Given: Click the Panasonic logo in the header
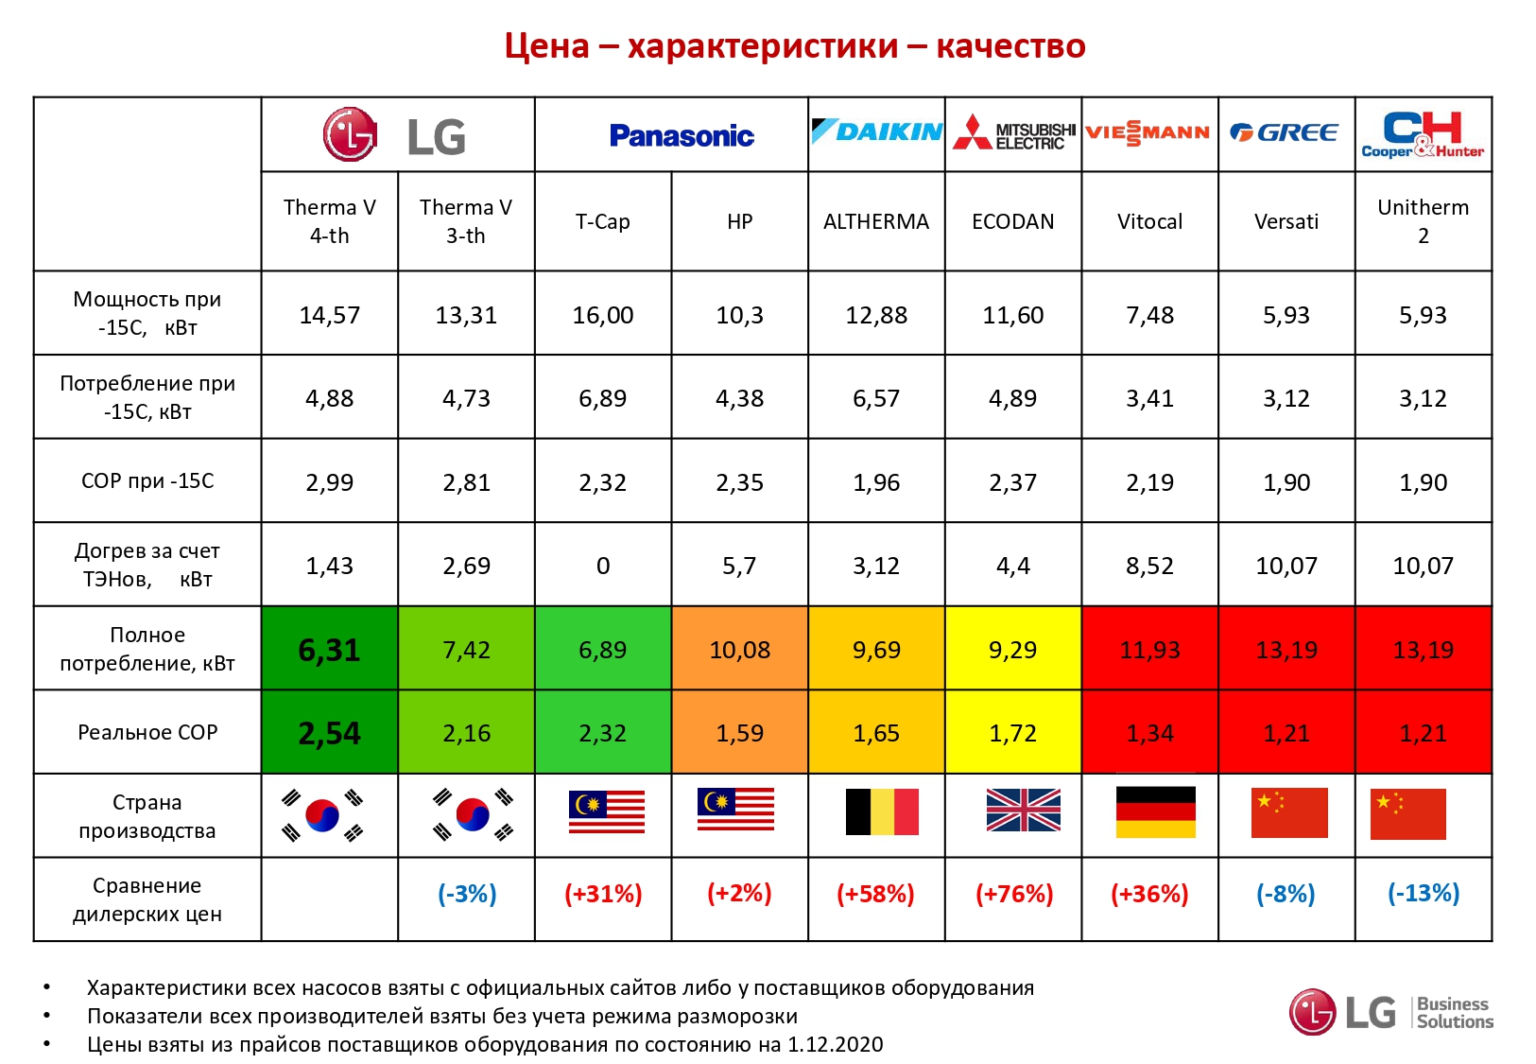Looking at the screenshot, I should pyautogui.click(x=681, y=136).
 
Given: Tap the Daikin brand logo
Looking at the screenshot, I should pyautogui.click(x=876, y=132).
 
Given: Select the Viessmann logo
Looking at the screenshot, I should pyautogui.click(x=1148, y=133).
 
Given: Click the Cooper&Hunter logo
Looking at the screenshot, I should pyautogui.click(x=1423, y=134).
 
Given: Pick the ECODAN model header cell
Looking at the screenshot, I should pyautogui.click(x=1012, y=221).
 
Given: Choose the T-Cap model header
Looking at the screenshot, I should pyautogui.click(x=602, y=221).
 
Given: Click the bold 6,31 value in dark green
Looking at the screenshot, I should pyautogui.click(x=329, y=650).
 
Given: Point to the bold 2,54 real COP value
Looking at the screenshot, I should pyautogui.click(x=329, y=733).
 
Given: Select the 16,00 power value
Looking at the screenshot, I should pyautogui.click(x=602, y=315).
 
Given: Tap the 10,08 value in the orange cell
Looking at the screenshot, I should pyautogui.click(x=739, y=650).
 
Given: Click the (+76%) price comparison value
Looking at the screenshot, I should pyautogui.click(x=1013, y=894).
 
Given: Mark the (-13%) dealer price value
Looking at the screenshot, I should pyautogui.click(x=1423, y=893).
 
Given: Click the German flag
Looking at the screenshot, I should pyautogui.click(x=1155, y=812).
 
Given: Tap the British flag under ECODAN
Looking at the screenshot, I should pyautogui.click(x=1023, y=811).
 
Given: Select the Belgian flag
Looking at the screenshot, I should pyautogui.click(x=881, y=812).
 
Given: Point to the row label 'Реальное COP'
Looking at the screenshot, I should pyautogui.click(x=147, y=732).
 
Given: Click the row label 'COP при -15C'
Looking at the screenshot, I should pyautogui.click(x=147, y=480).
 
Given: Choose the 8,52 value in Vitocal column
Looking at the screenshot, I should pyautogui.click(x=1149, y=566).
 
